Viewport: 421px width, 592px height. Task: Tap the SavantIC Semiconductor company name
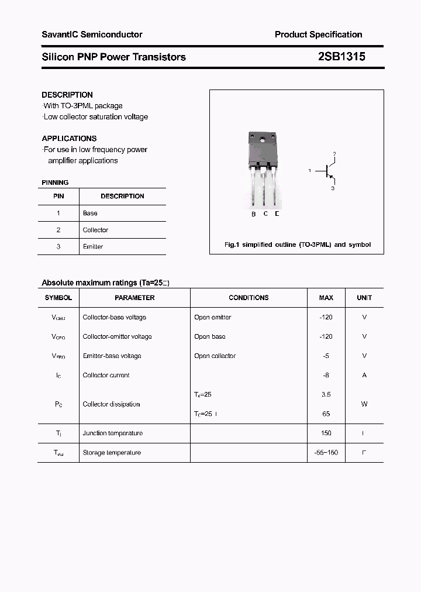(x=92, y=35)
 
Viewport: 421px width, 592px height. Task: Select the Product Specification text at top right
(x=318, y=35)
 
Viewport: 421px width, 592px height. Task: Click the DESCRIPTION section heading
(x=67, y=95)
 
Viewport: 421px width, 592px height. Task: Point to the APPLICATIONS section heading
(x=69, y=139)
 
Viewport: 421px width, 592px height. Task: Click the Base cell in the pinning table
(x=90, y=214)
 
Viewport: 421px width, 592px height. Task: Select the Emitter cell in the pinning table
(x=93, y=247)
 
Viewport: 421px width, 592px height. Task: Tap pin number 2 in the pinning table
(x=58, y=230)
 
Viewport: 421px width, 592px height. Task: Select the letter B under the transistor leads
(x=253, y=214)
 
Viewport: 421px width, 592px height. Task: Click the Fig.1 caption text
(x=298, y=245)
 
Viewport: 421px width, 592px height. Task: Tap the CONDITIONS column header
(x=249, y=298)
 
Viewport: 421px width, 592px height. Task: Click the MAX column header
(x=326, y=298)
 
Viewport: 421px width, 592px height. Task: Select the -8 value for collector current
(x=326, y=376)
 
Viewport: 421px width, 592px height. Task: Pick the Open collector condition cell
(x=215, y=356)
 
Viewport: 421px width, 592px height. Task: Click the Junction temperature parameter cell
(x=113, y=433)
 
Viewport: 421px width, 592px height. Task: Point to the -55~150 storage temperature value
(x=326, y=453)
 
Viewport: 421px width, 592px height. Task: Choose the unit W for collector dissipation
(x=364, y=404)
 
